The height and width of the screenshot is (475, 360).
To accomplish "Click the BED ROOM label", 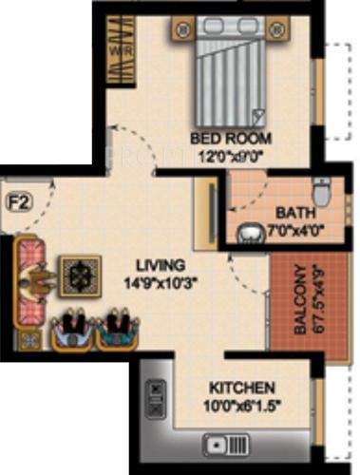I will [x=232, y=138].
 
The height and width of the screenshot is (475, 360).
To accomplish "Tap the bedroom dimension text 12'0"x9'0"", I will [x=231, y=155].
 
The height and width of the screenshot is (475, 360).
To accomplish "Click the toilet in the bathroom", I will [x=320, y=194].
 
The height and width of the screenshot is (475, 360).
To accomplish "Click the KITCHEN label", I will [x=244, y=389].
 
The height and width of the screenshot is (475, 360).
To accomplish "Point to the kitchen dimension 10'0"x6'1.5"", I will [x=243, y=405].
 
